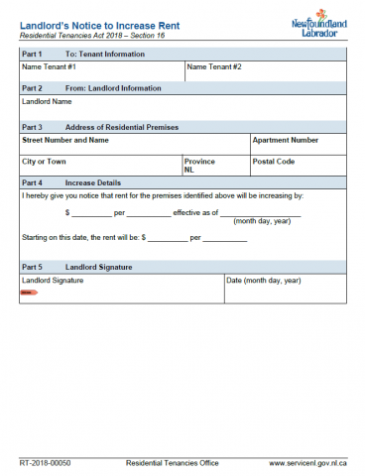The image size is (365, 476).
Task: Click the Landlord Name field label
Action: click(47, 101)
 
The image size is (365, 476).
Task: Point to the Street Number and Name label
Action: click(64, 140)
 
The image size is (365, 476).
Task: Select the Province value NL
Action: click(188, 170)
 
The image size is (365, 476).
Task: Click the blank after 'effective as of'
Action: click(260, 212)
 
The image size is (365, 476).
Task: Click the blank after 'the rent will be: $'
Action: click(167, 239)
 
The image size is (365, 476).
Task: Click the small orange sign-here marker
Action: click(27, 294)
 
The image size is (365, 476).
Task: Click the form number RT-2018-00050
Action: click(46, 463)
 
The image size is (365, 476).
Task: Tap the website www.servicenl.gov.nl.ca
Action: click(306, 463)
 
